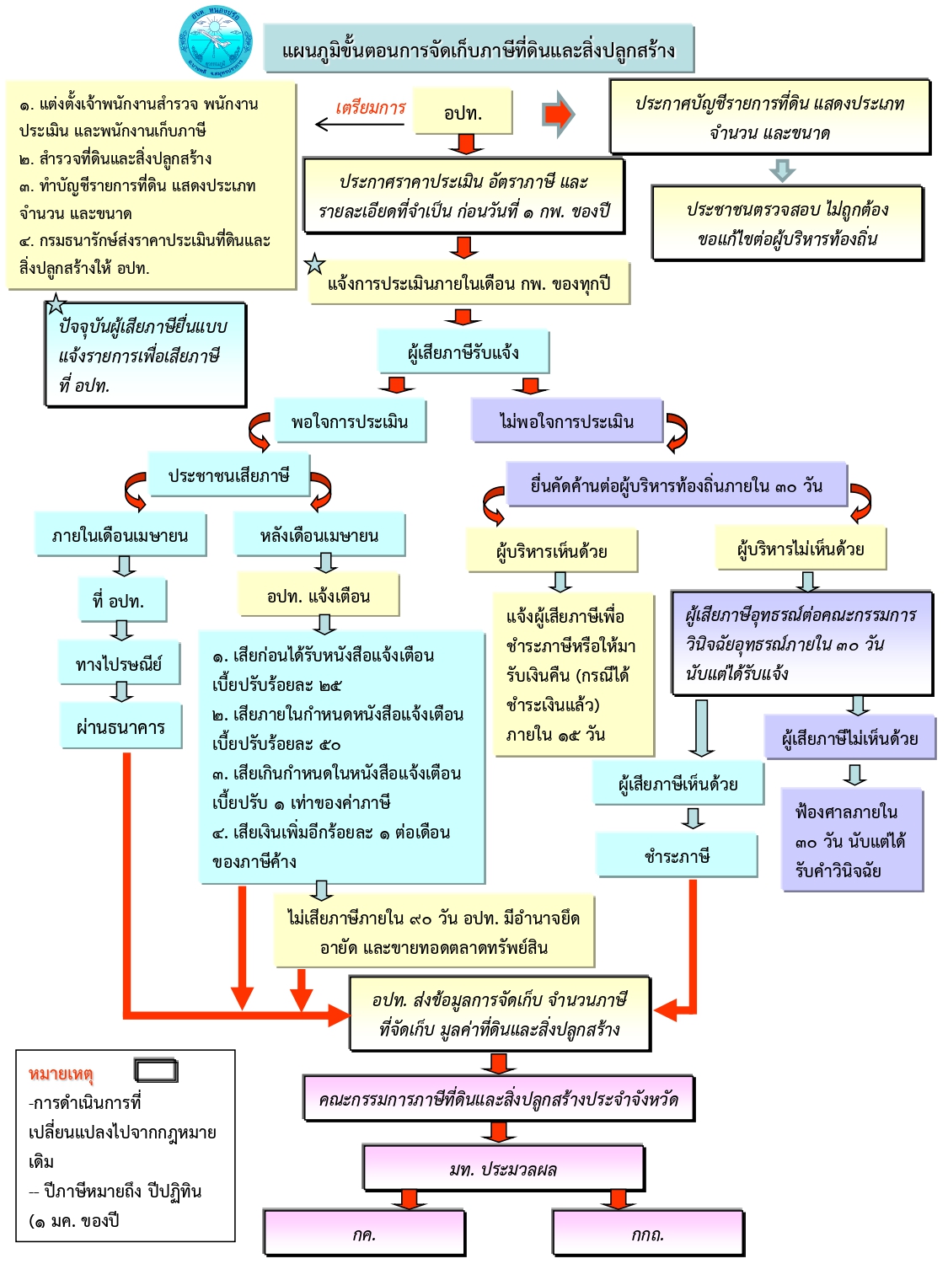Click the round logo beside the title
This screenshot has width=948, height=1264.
tap(216, 41)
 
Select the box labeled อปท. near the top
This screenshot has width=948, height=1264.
tap(463, 111)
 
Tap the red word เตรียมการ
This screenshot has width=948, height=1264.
tap(371, 107)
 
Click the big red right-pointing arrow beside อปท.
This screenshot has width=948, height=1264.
tap(558, 114)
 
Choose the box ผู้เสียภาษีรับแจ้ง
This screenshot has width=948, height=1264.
tap(463, 352)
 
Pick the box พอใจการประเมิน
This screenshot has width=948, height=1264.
tap(350, 421)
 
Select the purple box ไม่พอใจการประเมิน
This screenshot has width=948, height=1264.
tap(567, 421)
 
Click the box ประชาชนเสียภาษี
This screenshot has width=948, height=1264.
tap(229, 475)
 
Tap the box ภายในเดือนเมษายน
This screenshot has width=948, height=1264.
tap(121, 534)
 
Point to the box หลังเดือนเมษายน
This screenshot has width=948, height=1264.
tap(319, 534)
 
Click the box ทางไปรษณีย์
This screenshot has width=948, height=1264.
tap(120, 663)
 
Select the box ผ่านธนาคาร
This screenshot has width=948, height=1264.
tap(121, 726)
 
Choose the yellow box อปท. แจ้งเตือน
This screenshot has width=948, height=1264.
tap(319, 595)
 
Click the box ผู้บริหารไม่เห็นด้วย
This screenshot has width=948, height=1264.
tap(801, 548)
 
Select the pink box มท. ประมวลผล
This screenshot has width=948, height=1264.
tap(504, 1168)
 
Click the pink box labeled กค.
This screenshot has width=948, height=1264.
tap(364, 1234)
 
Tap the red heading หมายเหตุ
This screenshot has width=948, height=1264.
tap(61, 1074)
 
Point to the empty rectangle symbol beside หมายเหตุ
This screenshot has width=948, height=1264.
tap(156, 1070)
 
